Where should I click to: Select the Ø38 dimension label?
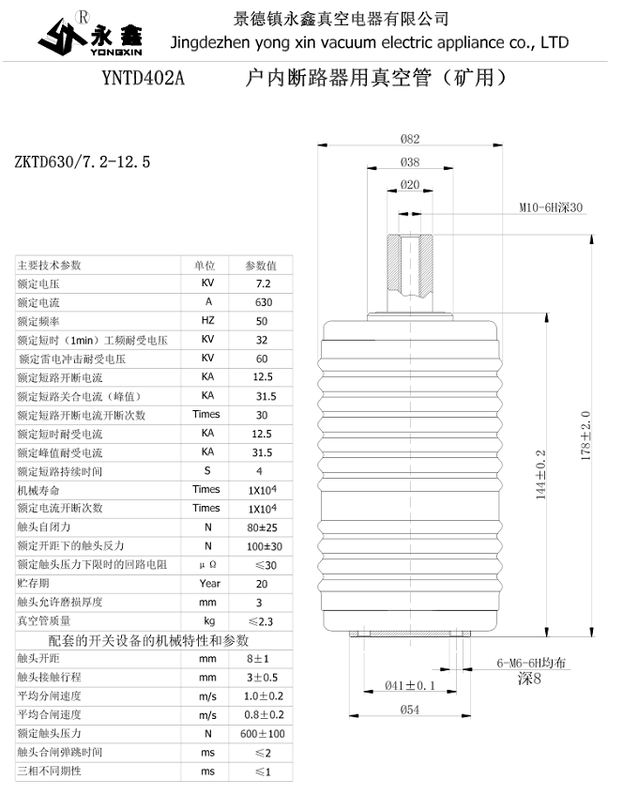pyautogui.click(x=409, y=161)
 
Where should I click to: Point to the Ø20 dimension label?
pyautogui.click(x=409, y=185)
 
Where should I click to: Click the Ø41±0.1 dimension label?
pyautogui.click(x=411, y=685)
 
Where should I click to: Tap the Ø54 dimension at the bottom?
pyautogui.click(x=409, y=710)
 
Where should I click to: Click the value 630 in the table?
pyautogui.click(x=264, y=302)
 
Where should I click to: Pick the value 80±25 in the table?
pyautogui.click(x=264, y=527)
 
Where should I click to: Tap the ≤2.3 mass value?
pyautogui.click(x=264, y=620)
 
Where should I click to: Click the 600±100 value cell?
pyautogui.click(x=264, y=733)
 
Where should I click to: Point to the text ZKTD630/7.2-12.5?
pyautogui.click(x=83, y=162)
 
